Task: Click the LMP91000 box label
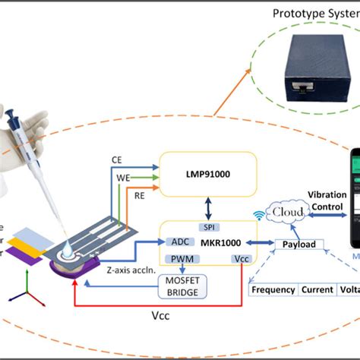(207, 175)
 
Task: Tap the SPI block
(207, 227)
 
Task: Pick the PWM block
(182, 260)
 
